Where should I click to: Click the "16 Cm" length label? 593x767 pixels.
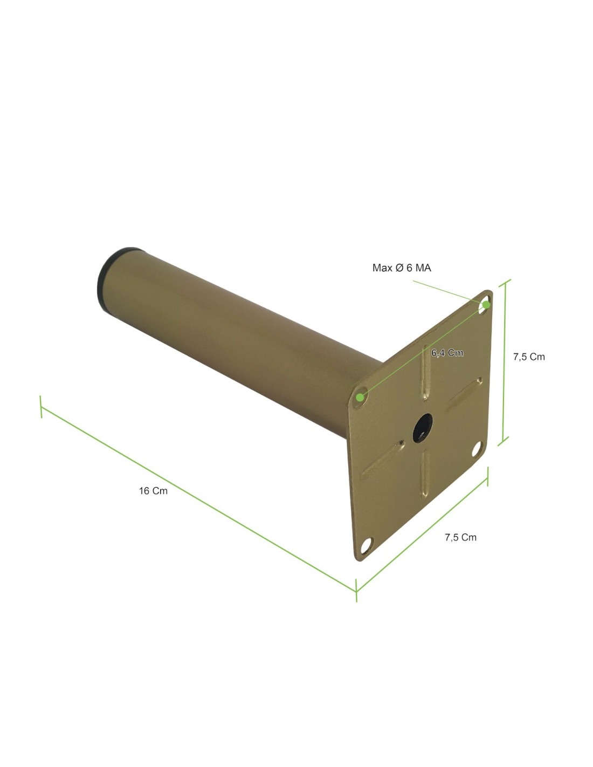click(x=153, y=491)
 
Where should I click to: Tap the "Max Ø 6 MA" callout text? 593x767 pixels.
click(x=402, y=268)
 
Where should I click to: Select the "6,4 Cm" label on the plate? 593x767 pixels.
click(x=447, y=353)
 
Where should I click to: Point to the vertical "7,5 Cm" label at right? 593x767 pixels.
click(x=529, y=357)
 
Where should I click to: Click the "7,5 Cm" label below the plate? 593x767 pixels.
click(x=460, y=537)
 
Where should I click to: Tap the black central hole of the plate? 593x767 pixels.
click(x=423, y=428)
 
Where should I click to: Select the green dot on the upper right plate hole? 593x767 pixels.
click(x=486, y=305)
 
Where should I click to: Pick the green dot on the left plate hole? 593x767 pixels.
click(x=360, y=398)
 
